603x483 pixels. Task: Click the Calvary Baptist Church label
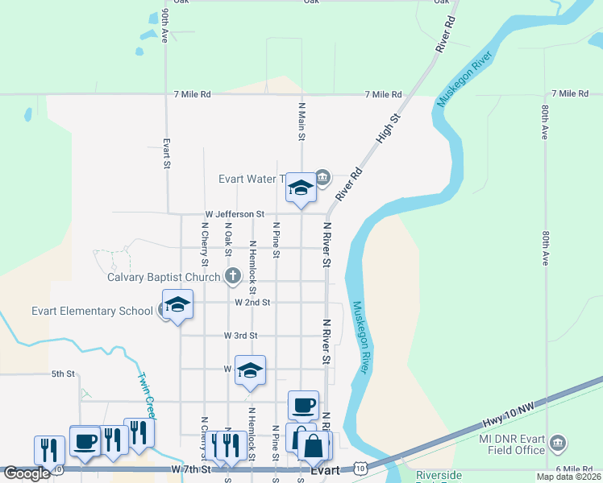[164, 278]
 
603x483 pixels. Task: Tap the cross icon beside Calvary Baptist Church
[233, 277]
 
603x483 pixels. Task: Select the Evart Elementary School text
[92, 312]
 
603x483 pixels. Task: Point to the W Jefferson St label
[235, 214]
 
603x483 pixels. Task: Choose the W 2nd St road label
[252, 303]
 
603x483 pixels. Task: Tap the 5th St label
[62, 374]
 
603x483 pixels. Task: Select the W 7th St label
[190, 469]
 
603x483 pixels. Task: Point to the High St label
[388, 130]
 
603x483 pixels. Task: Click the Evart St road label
[167, 153]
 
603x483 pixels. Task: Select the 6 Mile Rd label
[573, 469]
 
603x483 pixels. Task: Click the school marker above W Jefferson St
[301, 189]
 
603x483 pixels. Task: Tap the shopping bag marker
[314, 444]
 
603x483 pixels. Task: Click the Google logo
[26, 473]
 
